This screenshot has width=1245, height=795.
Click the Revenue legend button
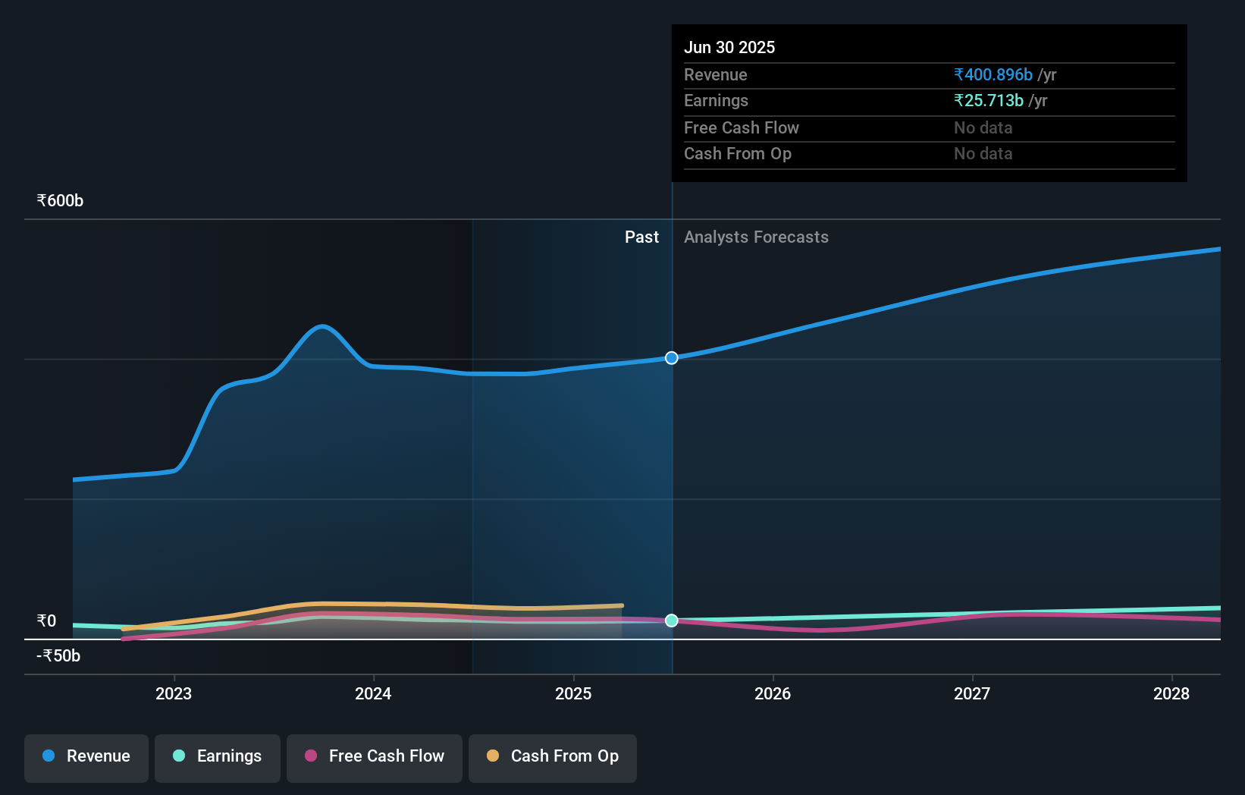point(86,756)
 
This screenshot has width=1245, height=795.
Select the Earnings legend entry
point(218,756)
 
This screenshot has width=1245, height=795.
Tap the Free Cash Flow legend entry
point(375,756)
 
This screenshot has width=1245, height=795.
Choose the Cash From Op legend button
point(553,756)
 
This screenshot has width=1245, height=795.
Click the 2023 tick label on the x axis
point(174,693)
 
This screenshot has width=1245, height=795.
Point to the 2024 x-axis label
point(373,693)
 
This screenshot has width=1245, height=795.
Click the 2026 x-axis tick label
point(773,693)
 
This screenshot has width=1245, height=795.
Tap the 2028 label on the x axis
point(1171,693)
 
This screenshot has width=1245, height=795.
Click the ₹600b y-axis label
point(60,201)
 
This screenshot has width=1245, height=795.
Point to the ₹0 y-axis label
point(46,621)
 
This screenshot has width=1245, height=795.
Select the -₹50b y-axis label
point(58,656)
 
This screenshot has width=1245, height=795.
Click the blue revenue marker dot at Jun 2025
point(672,358)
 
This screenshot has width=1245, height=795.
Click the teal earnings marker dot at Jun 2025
point(672,621)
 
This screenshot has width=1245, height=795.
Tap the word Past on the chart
point(641,237)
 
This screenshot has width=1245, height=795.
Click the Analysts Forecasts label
point(756,237)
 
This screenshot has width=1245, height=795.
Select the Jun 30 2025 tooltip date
point(729,48)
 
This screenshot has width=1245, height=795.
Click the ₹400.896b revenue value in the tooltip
point(993,75)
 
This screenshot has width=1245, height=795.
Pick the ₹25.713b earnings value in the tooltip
point(989,101)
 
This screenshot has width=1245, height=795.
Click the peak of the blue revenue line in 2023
point(323,326)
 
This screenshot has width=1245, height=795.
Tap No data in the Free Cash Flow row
point(983,128)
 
